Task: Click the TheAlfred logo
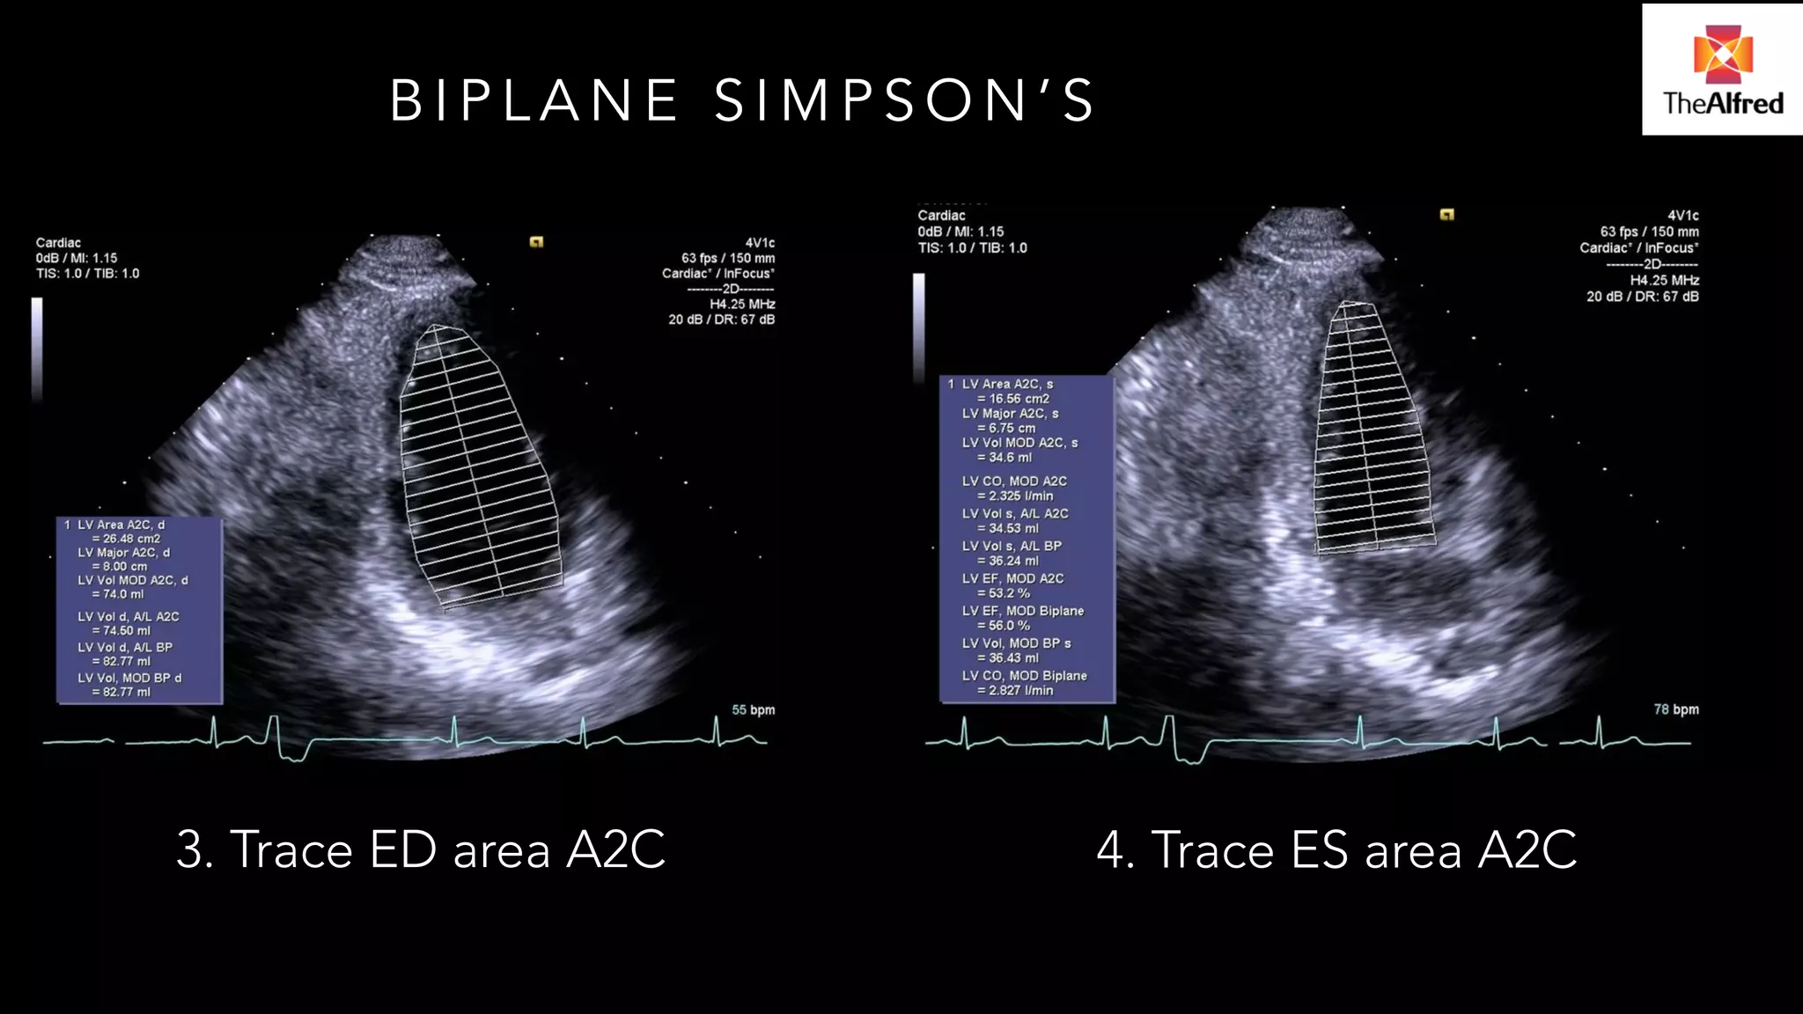point(1721,70)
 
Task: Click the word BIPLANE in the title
point(534,99)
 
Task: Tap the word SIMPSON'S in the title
point(904,99)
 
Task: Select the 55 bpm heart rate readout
point(753,709)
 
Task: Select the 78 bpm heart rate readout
point(1675,709)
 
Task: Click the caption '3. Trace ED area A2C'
point(421,849)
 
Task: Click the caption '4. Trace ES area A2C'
point(1336,849)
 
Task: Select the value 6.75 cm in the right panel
point(1006,428)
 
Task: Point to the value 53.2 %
point(1004,593)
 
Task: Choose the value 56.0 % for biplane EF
point(1004,626)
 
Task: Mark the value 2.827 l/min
point(1015,691)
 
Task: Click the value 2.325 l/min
point(1015,496)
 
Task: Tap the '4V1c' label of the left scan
point(759,243)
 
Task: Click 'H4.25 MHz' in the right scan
point(1664,281)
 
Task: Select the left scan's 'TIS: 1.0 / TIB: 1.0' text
point(87,274)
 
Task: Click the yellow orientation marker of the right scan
point(1446,214)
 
